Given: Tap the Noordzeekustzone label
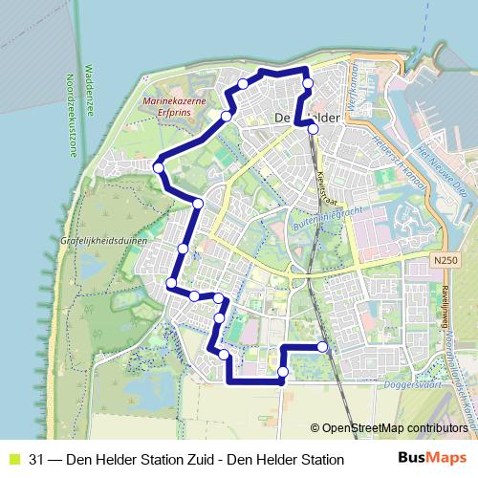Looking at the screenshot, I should click(x=70, y=114).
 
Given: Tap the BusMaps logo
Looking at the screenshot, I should click(x=432, y=459).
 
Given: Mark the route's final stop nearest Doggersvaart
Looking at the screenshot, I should click(x=322, y=346).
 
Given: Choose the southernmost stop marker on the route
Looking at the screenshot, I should click(x=283, y=371).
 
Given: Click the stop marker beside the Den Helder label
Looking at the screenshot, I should click(x=313, y=128).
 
